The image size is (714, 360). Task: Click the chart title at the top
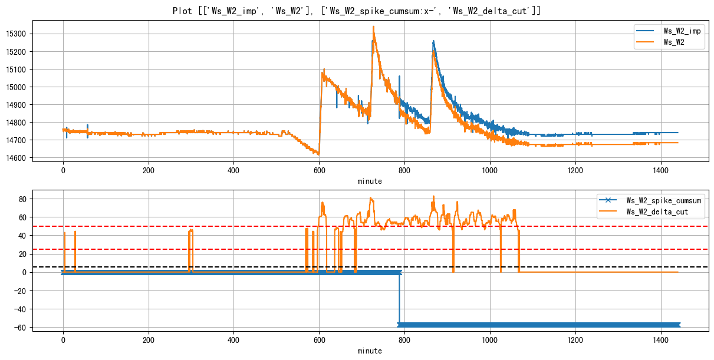(x=357, y=11)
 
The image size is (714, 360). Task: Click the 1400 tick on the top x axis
(x=661, y=170)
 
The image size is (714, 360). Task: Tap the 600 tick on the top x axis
(x=319, y=170)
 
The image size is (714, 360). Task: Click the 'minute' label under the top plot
(x=370, y=181)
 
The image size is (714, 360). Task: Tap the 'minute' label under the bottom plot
(x=370, y=351)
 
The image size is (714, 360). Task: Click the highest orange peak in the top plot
(x=373, y=27)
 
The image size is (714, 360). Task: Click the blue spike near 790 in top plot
(x=399, y=77)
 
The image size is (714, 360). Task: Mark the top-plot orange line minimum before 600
(x=318, y=154)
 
